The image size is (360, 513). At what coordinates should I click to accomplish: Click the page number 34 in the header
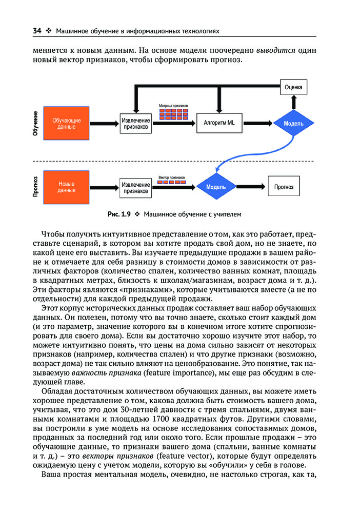(37, 31)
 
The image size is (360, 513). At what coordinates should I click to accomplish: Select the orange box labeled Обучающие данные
(67, 123)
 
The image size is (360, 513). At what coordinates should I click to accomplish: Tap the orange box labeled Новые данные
(67, 187)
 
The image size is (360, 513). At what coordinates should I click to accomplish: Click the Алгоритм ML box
(218, 123)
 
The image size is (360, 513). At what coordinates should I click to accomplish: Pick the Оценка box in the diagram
(293, 87)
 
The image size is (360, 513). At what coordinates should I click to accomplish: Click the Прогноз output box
(284, 187)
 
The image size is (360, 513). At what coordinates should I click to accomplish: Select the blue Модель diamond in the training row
(293, 124)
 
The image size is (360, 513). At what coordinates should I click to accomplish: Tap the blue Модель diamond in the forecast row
(216, 187)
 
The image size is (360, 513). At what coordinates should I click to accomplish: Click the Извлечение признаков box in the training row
(136, 124)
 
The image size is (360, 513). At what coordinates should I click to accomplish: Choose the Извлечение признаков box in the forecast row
(136, 188)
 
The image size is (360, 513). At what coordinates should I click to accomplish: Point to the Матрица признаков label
(173, 105)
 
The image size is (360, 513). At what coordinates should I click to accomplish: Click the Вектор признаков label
(171, 177)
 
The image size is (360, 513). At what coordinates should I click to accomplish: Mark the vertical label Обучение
(35, 123)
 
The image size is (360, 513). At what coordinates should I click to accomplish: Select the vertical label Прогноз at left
(35, 187)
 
